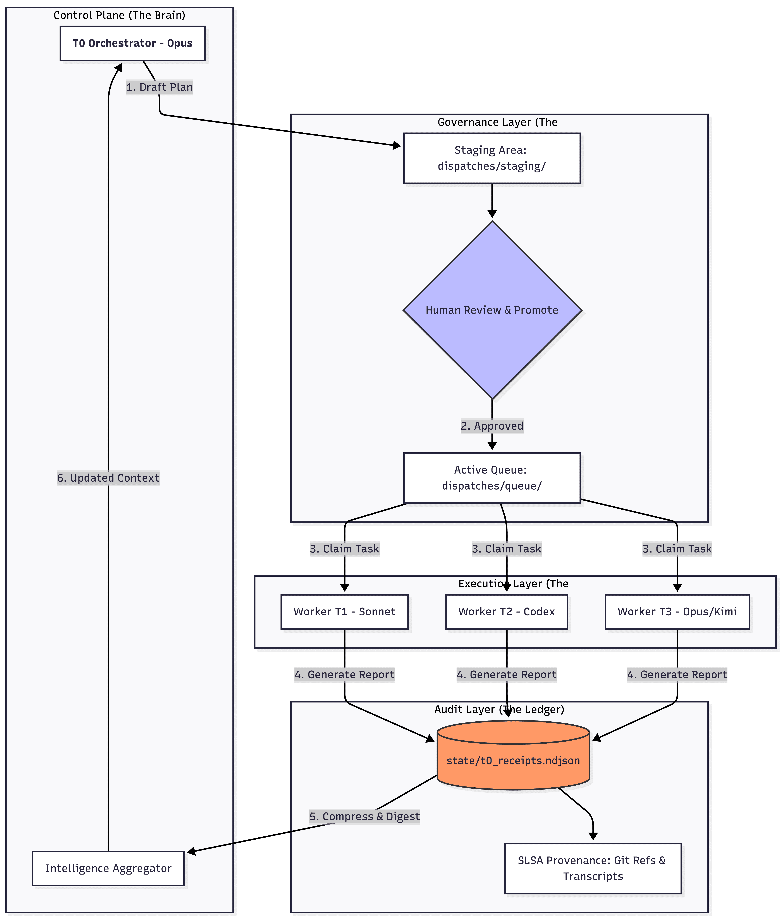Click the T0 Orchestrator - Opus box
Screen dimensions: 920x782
tap(132, 43)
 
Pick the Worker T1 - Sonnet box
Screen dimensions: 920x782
tap(344, 612)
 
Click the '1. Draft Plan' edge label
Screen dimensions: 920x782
tap(160, 87)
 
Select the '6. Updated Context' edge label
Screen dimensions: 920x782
tap(108, 478)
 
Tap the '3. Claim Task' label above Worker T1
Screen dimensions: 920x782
tap(344, 549)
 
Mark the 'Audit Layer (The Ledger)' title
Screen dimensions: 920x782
tap(499, 709)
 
